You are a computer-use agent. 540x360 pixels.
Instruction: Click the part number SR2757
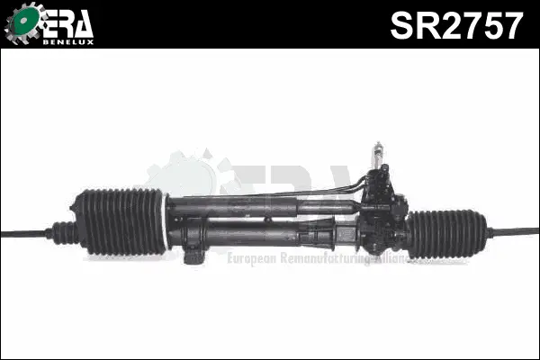click(x=456, y=25)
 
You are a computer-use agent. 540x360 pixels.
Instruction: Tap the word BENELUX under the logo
click(x=68, y=42)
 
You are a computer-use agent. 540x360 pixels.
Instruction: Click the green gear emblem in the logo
click(x=23, y=22)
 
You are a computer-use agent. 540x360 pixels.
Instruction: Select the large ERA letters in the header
click(x=68, y=23)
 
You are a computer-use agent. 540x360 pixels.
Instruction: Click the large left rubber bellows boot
click(x=120, y=222)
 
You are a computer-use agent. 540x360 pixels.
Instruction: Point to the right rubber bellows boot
click(x=447, y=234)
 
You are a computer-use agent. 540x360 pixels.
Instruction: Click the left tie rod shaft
click(x=23, y=233)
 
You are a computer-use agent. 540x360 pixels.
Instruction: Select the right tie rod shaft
click(x=513, y=231)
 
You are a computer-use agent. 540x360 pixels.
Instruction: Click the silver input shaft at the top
click(x=378, y=154)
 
